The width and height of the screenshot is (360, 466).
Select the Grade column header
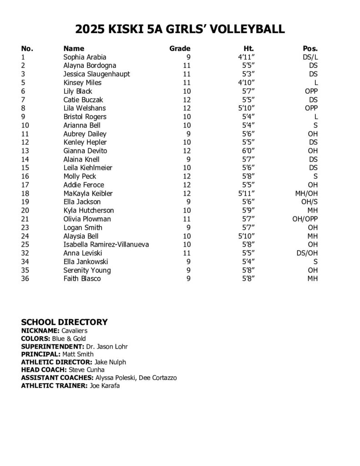180,49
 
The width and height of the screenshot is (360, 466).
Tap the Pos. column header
310,49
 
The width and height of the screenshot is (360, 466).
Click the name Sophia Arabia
85,57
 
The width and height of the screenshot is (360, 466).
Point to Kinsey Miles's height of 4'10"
246,83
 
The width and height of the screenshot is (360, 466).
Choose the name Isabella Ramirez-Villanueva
106,244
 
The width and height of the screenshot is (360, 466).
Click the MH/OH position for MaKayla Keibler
306,193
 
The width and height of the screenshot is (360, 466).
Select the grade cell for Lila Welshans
186,108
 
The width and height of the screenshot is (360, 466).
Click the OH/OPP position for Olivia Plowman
305,219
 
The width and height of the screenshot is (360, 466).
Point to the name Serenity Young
87,270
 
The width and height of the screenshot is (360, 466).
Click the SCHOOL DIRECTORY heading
64,322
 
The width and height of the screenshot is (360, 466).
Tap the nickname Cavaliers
74,331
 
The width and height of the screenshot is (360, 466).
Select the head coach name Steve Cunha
86,370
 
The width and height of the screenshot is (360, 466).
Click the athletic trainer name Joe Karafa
104,386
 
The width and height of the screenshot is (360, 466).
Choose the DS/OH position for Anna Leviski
307,253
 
